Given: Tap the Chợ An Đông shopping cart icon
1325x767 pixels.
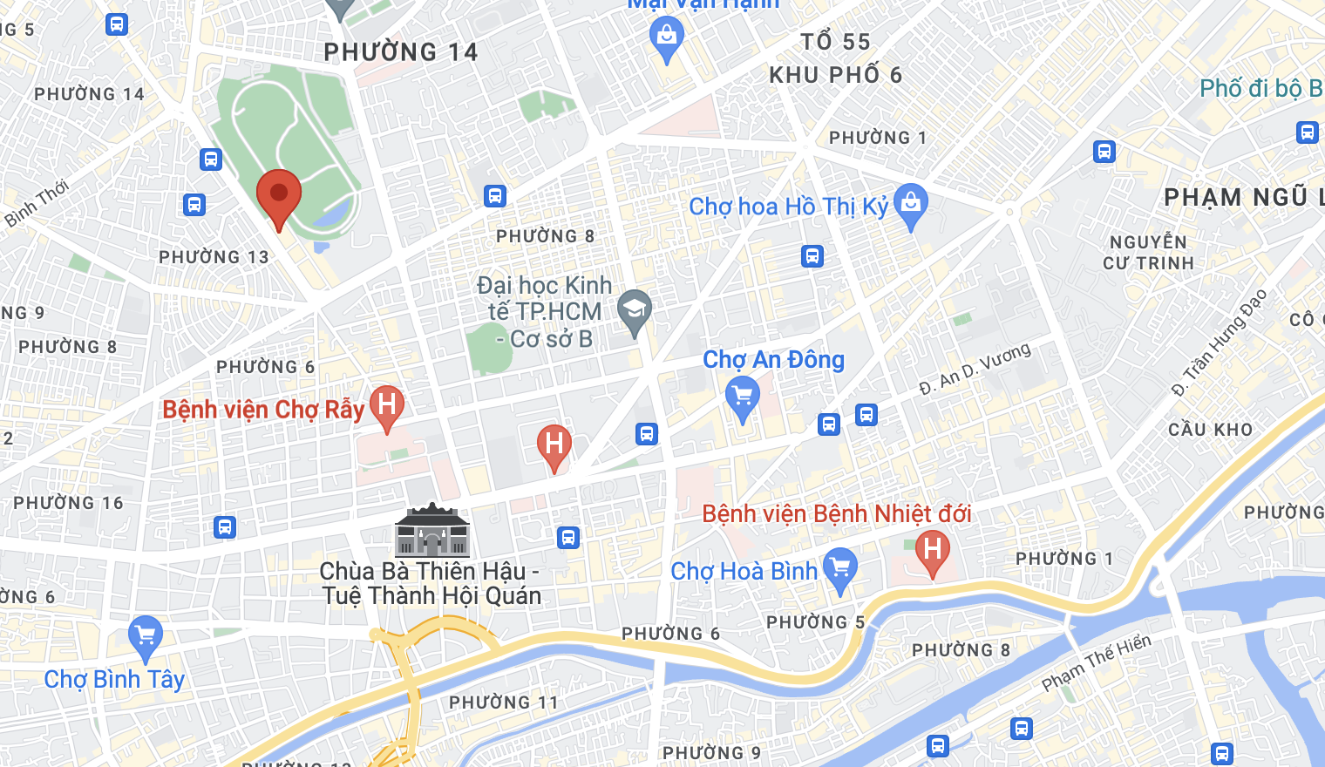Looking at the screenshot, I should tap(743, 398).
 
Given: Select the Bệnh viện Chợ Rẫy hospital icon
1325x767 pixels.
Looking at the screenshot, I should tap(387, 405).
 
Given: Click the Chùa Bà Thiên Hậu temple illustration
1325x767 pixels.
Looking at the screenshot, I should tap(432, 531).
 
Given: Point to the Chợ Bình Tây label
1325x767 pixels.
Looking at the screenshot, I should tap(114, 680).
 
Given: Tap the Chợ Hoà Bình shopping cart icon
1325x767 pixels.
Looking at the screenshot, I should tap(840, 568).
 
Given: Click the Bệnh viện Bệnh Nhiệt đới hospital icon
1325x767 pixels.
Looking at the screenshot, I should tap(932, 550).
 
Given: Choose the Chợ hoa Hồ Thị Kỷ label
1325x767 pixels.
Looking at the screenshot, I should tap(788, 207).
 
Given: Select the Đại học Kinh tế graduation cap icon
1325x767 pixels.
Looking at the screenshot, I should tap(635, 309).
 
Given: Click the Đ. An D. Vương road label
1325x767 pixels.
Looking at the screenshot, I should tap(975, 369).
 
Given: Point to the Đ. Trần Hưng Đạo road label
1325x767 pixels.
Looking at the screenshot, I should tap(1219, 343).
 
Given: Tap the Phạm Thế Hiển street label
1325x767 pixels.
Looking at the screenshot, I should tap(1096, 663).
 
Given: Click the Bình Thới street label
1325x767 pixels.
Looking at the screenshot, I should tap(36, 203).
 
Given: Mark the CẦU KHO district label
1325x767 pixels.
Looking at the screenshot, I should tap(1210, 430).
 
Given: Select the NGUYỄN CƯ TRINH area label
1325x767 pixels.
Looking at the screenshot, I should tap(1148, 253).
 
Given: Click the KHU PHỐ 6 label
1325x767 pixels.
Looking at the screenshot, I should tap(835, 75).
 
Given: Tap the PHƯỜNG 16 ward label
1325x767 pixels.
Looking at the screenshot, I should tap(68, 503).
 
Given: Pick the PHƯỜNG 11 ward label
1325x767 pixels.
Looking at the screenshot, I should tap(503, 703).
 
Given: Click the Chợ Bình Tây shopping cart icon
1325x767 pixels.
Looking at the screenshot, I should tap(146, 636).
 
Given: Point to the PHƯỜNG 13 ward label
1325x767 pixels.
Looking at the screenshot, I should tap(214, 257).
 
